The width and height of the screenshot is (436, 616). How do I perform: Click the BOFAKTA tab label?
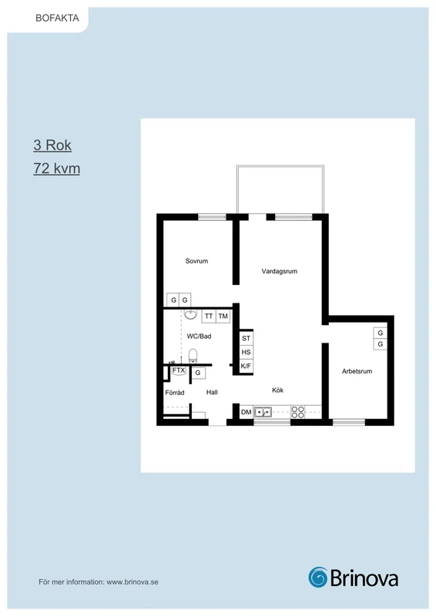[x=57, y=18]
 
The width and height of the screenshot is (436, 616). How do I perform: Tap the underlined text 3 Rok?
[x=52, y=146]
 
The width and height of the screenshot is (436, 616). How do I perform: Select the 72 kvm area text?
[x=56, y=169]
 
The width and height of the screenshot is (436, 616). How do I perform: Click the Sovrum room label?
[x=196, y=261]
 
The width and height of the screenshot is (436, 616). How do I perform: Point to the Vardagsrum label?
[x=280, y=271]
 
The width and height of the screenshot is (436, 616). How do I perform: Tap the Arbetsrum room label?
[x=357, y=371]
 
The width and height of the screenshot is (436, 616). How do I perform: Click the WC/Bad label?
[x=199, y=336]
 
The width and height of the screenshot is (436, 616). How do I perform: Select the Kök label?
[x=277, y=390]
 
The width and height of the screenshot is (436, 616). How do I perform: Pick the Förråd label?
[x=175, y=393]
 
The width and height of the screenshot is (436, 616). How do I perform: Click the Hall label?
[x=212, y=392]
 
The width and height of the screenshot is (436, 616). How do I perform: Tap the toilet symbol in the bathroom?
[x=193, y=356]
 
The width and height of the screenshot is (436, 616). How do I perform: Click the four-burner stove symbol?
[x=297, y=412]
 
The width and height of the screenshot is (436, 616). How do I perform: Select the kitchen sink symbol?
[x=263, y=412]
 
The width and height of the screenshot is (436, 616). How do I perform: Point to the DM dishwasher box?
[x=246, y=412]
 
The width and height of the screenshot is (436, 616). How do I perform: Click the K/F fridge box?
[x=246, y=367]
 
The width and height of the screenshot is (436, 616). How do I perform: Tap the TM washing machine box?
[x=223, y=316]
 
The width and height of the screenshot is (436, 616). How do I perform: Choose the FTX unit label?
[x=179, y=370]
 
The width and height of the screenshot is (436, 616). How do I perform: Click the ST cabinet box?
[x=246, y=338]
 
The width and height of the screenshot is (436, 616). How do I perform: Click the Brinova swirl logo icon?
[x=317, y=577]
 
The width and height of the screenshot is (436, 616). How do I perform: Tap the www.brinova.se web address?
[x=132, y=582]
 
